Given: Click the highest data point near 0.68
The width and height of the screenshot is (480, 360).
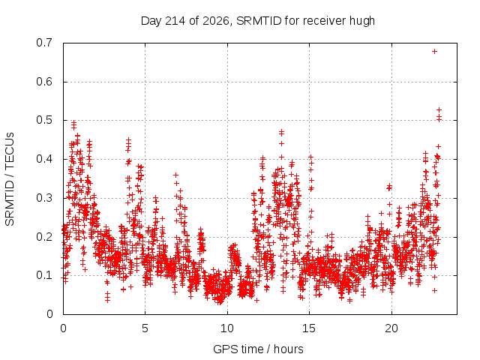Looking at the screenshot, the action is tap(434, 52).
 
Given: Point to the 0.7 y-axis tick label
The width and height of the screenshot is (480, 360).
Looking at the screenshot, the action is tap(44, 43).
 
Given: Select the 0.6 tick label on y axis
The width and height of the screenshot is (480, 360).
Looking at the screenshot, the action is tap(44, 82).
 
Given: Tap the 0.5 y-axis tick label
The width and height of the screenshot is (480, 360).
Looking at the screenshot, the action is tap(44, 120).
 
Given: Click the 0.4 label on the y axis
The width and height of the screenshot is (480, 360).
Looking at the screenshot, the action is tap(44, 159).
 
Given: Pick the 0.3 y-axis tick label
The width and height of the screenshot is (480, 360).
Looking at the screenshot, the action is tap(44, 198).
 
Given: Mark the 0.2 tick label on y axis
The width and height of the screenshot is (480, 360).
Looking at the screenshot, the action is tap(44, 237).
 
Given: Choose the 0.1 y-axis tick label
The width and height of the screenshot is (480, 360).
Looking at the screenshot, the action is tap(44, 275).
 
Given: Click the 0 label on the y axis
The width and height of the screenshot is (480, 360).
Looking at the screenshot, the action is tap(49, 314).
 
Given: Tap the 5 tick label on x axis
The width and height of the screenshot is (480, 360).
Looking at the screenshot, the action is tap(145, 328).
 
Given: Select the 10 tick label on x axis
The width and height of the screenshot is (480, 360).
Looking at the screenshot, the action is tap(226, 328).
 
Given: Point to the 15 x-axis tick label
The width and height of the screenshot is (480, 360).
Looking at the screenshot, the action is tap(309, 328).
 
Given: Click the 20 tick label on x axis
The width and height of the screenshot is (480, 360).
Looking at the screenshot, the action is tap(391, 328).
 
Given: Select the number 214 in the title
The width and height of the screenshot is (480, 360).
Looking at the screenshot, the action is tap(175, 21).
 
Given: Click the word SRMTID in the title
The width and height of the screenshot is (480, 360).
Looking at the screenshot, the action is tap(259, 21).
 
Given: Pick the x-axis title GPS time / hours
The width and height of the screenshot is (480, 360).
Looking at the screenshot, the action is tap(258, 349).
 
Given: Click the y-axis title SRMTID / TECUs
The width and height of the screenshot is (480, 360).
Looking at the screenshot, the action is tap(10, 179).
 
